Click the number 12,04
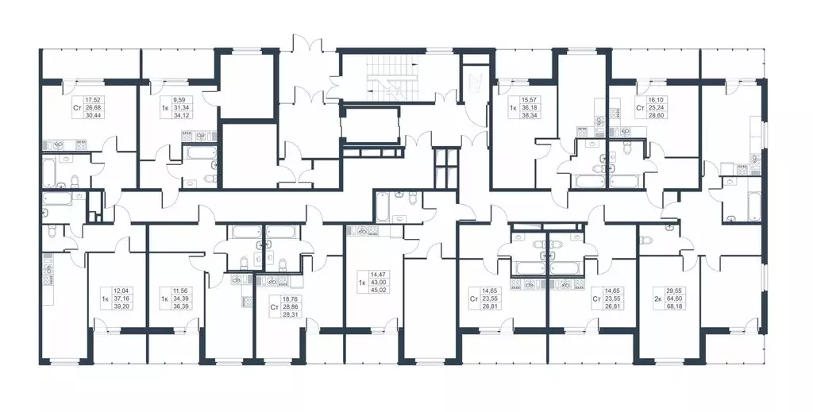pyautogui.click(x=120, y=291)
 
